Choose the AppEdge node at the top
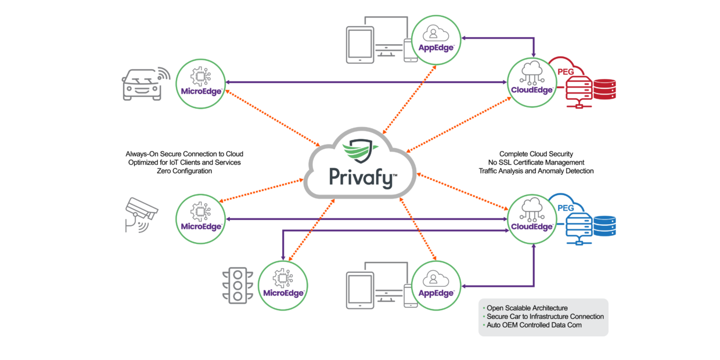435,38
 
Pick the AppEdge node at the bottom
435,285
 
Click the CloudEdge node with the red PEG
532,82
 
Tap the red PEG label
566,71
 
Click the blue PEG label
566,208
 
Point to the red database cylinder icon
604,88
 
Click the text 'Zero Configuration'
184,171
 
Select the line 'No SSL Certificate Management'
536,163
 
